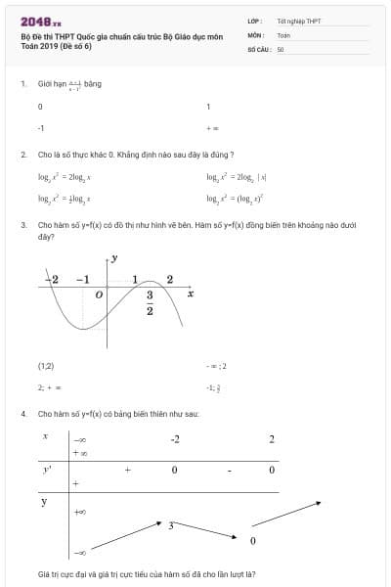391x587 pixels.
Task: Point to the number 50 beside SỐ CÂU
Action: click(281, 48)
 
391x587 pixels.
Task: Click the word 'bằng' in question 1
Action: click(93, 84)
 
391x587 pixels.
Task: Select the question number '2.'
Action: click(22, 155)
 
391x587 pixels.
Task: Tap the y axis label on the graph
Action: click(114, 258)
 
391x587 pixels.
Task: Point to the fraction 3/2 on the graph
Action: click(151, 302)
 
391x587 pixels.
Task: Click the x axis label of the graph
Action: click(191, 293)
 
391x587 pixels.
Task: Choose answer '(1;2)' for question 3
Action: click(46, 366)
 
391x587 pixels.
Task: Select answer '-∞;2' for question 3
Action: click(216, 366)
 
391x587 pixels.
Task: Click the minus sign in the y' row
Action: click(228, 471)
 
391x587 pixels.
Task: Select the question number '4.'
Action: click(22, 414)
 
